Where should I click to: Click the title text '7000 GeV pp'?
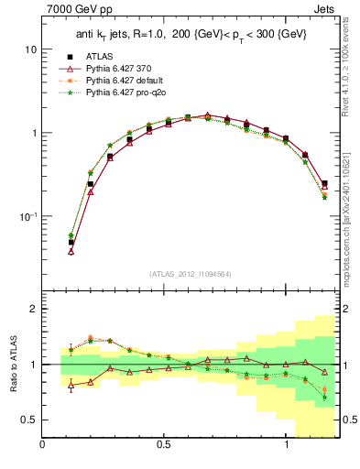pyautogui.click(x=74, y=11)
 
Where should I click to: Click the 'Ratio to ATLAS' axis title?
pyautogui.click(x=12, y=363)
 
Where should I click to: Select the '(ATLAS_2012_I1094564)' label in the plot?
pyautogui.click(x=190, y=273)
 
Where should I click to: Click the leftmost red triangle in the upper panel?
pyautogui.click(x=71, y=250)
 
